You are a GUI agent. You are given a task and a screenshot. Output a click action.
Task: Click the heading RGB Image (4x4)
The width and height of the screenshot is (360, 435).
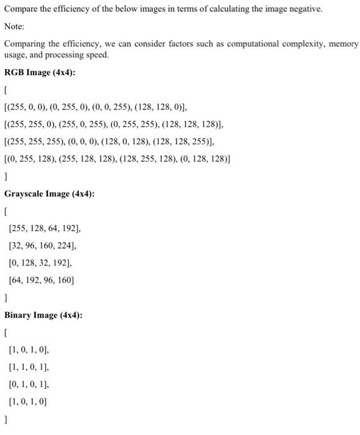click(40, 72)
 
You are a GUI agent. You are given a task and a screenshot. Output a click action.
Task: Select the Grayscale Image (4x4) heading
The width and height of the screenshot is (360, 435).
click(49, 194)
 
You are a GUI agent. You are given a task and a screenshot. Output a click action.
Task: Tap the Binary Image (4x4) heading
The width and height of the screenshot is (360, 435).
click(43, 315)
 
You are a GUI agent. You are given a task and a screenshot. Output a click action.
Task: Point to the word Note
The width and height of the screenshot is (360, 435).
click(13, 27)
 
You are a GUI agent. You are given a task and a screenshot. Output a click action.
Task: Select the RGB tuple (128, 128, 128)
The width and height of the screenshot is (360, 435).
click(191, 124)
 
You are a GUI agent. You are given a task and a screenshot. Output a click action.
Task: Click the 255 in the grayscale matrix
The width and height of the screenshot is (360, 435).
click(19, 228)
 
